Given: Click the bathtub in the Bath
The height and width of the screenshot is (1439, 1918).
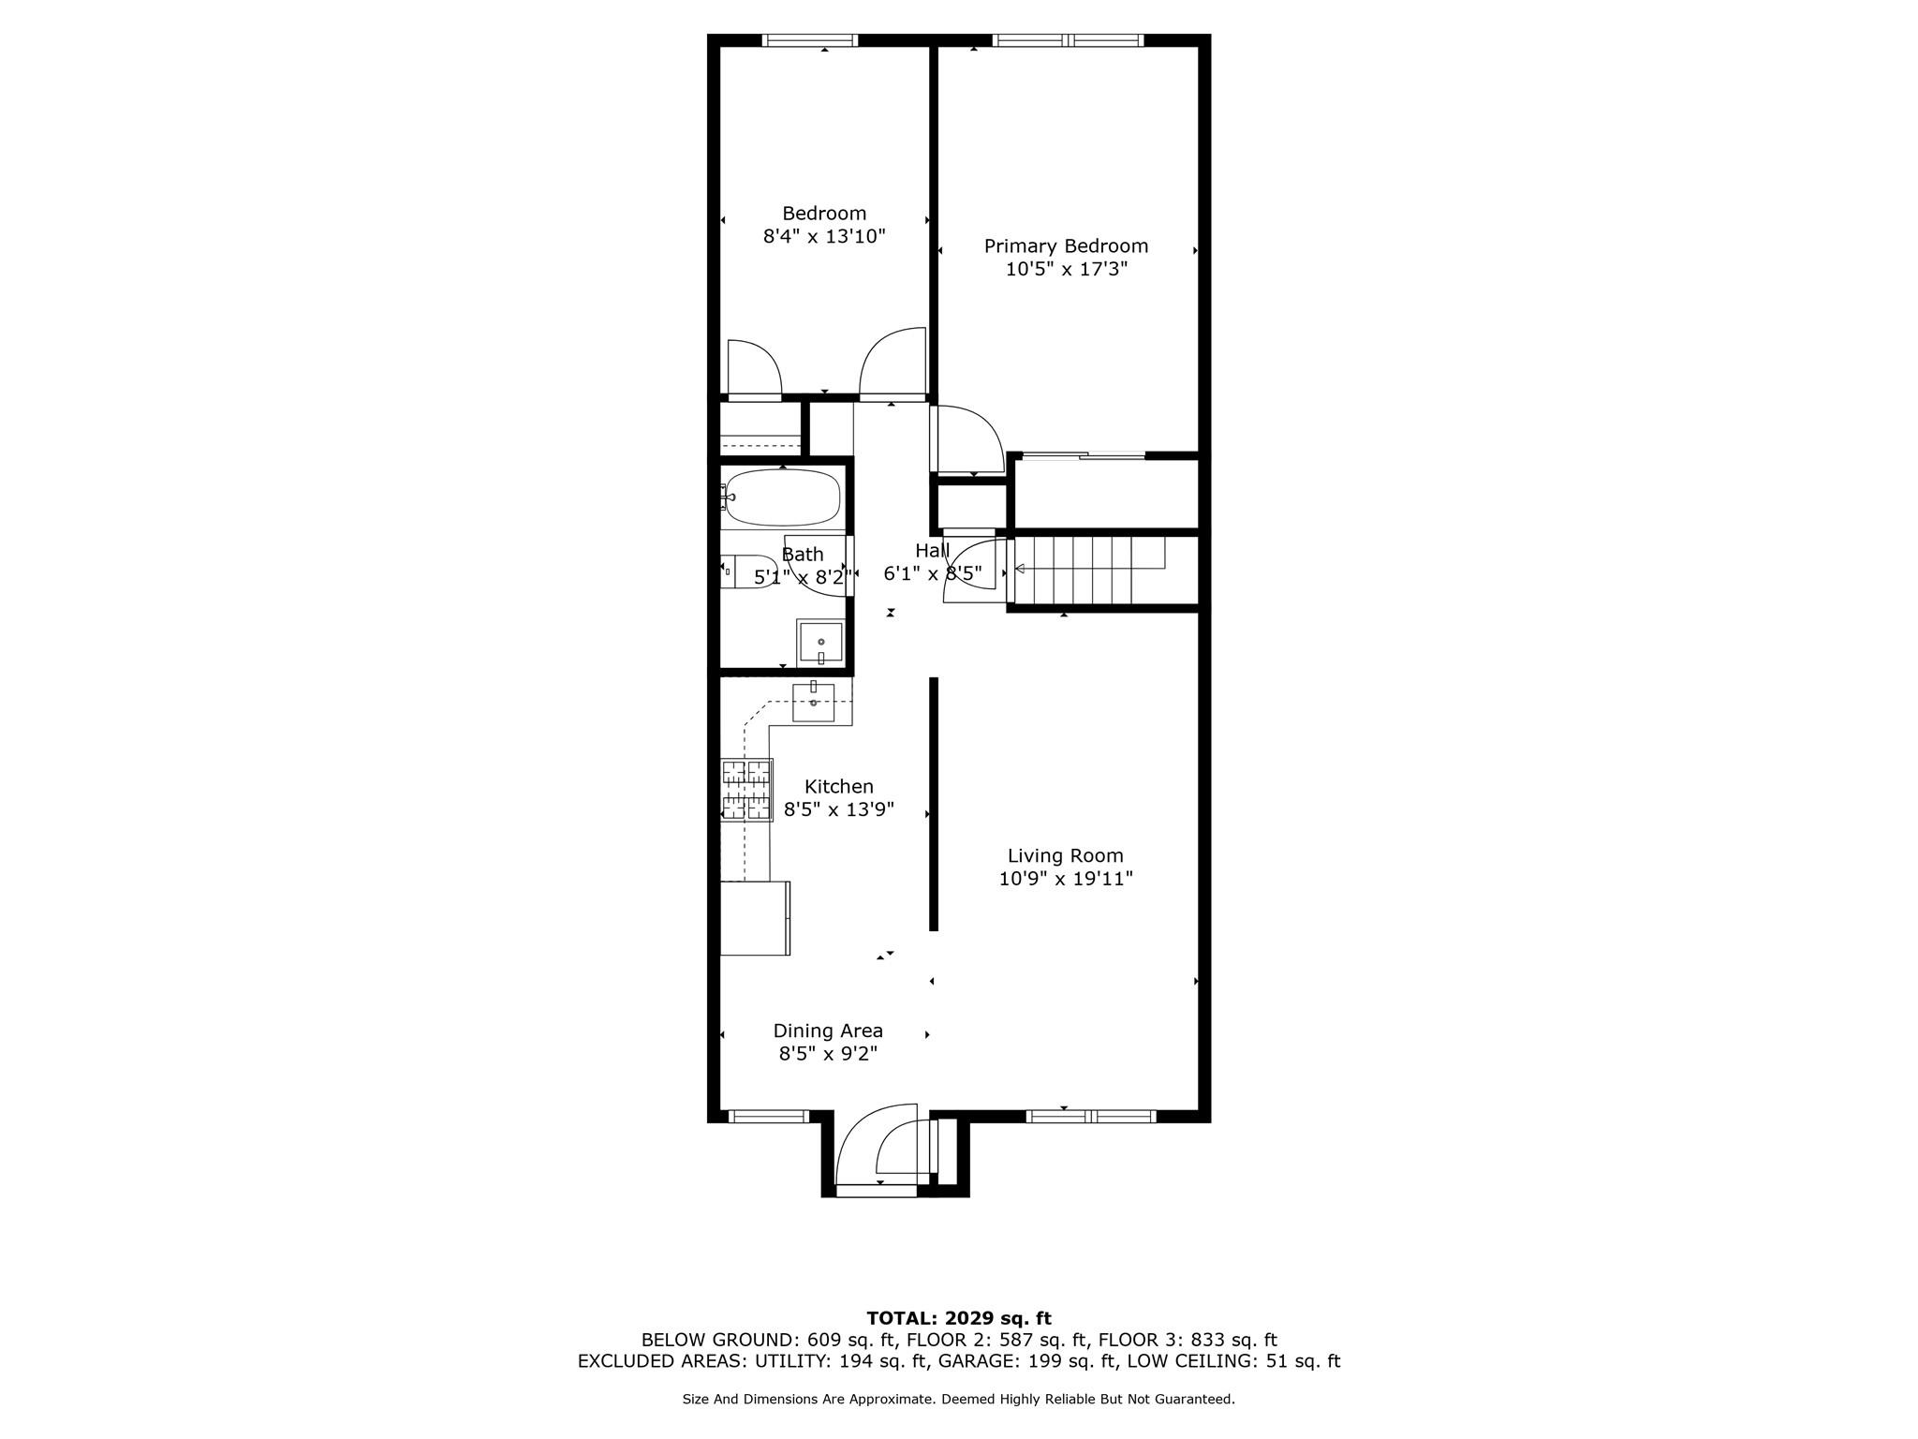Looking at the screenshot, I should pos(783,497).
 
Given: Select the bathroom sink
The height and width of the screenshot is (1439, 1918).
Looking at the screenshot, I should pos(820,643).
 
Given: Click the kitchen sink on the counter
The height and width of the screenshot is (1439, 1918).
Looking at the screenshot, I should pos(813,702).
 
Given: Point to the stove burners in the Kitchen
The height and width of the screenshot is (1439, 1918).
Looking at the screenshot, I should pos(746,790).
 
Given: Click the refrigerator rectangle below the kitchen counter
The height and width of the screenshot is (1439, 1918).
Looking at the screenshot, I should pos(754,917).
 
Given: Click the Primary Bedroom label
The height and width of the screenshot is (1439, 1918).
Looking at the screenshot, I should pos(1066,246).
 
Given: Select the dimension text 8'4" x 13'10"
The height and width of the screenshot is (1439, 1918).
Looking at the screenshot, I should pos(824,236).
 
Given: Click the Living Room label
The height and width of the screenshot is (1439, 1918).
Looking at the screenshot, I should pos(1065,855).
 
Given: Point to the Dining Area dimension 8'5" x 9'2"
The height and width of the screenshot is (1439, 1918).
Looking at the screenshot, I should pos(828,1053).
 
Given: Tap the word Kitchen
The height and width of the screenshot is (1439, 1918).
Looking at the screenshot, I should pos(838,787).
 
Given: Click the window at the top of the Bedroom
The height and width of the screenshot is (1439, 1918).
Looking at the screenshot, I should pos(809,40).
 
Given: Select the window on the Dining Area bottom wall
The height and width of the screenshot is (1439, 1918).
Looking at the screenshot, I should pos(768,1116).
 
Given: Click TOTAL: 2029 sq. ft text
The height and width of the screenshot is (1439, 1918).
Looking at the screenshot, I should pos(958,1319).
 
